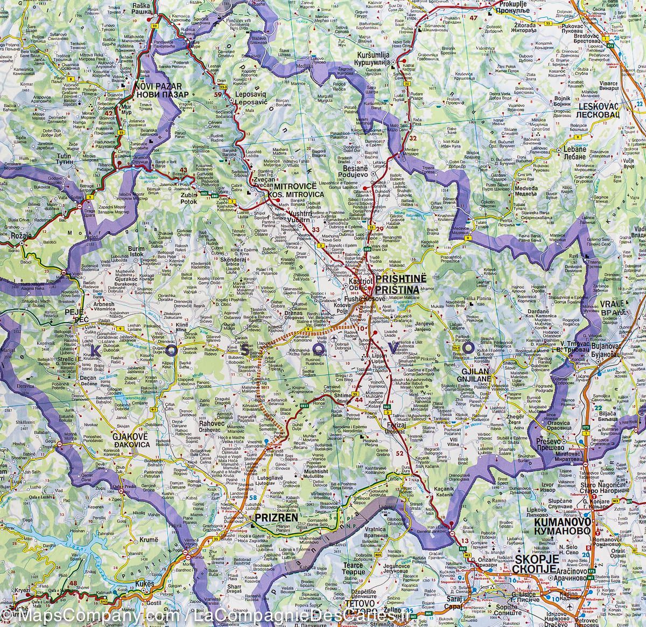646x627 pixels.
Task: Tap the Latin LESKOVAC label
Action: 598,106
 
